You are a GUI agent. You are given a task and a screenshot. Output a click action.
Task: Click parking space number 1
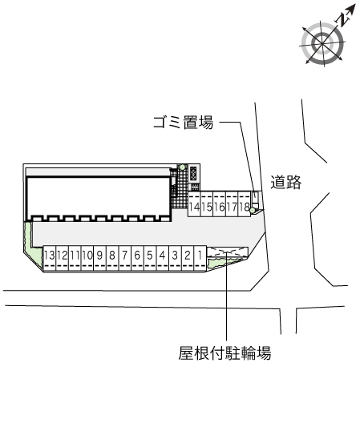click(x=200, y=258)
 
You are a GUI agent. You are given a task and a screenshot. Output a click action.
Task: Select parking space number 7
click(x=125, y=258)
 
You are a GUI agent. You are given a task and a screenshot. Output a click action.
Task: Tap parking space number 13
click(x=50, y=258)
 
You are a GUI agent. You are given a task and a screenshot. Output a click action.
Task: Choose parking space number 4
click(x=163, y=258)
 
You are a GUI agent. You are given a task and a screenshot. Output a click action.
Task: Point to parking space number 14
click(x=195, y=204)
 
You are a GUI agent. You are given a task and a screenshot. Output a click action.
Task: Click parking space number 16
click(x=220, y=204)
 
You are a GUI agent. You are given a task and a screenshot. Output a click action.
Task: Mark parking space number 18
click(x=244, y=204)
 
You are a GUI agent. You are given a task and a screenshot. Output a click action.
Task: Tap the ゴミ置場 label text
click(x=184, y=123)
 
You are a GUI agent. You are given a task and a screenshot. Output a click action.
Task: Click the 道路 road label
click(x=285, y=182)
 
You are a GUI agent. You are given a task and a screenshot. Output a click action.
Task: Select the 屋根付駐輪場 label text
click(x=224, y=352)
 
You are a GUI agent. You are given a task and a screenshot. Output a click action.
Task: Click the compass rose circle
click(x=322, y=43)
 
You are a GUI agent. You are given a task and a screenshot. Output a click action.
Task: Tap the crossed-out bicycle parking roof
click(x=228, y=252)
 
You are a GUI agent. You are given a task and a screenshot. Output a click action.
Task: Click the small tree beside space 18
click(x=253, y=210)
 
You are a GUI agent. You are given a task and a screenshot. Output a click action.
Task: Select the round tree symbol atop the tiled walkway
click(x=183, y=167)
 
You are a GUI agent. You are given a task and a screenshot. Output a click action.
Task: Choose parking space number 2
click(x=188, y=258)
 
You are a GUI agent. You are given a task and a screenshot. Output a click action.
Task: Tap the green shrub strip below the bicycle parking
click(x=221, y=263)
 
